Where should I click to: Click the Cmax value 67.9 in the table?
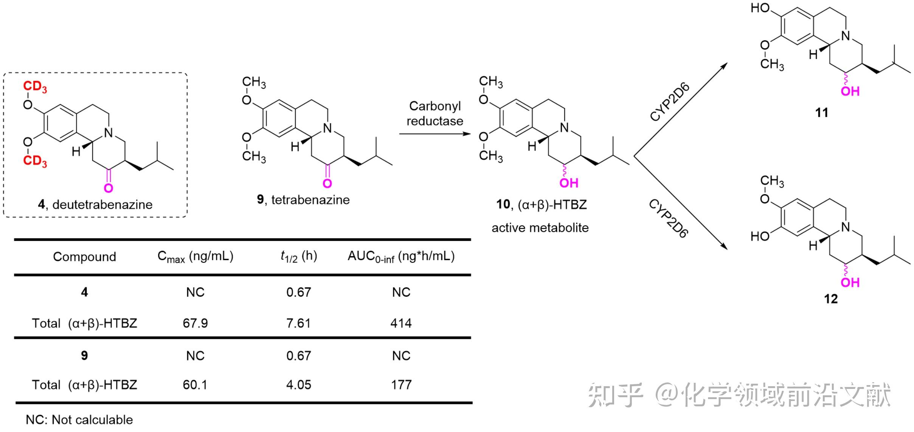click(x=195, y=323)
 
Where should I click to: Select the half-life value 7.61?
click(x=298, y=323)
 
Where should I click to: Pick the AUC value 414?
click(x=401, y=323)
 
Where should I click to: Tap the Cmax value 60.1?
click(x=195, y=385)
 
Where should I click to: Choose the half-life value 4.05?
click(x=298, y=385)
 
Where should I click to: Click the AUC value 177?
click(x=401, y=385)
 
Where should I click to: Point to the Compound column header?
click(x=84, y=256)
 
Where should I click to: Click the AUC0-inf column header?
click(x=401, y=256)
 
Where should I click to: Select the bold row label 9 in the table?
click(x=84, y=355)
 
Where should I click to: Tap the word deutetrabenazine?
click(x=102, y=205)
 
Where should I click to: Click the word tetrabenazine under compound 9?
click(x=310, y=200)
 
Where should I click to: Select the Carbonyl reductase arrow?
click(x=435, y=134)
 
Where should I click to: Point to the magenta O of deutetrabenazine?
click(x=109, y=188)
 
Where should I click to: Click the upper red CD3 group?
click(x=35, y=87)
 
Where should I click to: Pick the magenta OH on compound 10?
click(x=569, y=183)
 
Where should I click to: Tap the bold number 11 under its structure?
click(x=821, y=112)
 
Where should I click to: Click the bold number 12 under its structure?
click(x=830, y=299)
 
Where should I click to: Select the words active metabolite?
click(x=540, y=228)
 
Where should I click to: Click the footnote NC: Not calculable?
click(x=79, y=420)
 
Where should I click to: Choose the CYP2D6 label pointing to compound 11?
click(x=670, y=101)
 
